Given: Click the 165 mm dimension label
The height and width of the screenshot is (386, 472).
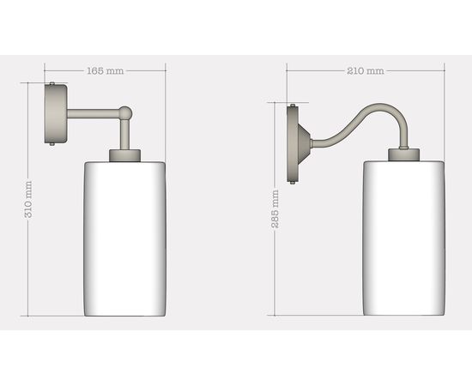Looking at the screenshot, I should pyautogui.click(x=103, y=71).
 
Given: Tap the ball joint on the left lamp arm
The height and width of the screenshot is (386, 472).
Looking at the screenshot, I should pyautogui.click(x=125, y=112).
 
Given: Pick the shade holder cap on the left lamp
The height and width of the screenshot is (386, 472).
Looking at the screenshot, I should pyautogui.click(x=124, y=155).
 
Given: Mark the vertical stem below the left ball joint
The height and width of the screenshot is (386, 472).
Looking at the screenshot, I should pyautogui.click(x=125, y=133).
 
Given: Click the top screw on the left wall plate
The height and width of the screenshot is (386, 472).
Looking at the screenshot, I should pyautogui.click(x=52, y=83).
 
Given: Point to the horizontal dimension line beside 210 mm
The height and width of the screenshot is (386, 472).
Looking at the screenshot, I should pyautogui.click(x=412, y=71).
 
